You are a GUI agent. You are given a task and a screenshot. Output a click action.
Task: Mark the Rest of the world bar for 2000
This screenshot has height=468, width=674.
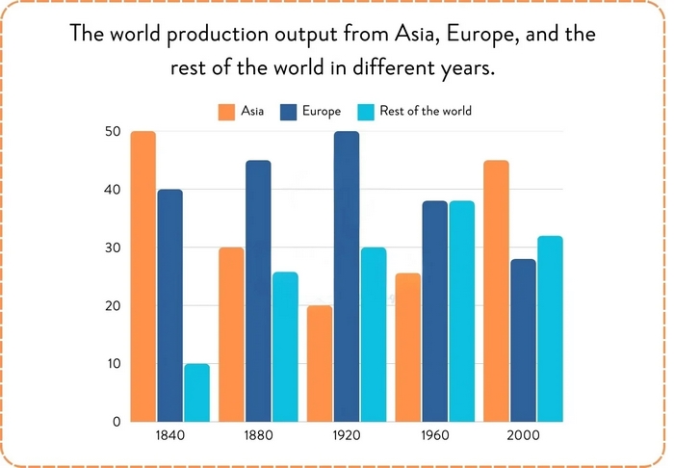550,328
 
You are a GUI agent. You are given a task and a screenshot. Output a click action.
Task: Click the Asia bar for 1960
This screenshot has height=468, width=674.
408,348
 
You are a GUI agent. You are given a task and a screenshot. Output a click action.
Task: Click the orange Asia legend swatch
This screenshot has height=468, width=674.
227,111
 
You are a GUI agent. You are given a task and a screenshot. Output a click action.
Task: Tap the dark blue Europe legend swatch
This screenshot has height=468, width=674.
289,111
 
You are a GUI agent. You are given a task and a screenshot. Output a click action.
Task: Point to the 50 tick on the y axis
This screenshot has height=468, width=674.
112,131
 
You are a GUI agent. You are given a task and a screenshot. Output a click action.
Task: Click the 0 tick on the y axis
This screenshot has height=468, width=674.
116,422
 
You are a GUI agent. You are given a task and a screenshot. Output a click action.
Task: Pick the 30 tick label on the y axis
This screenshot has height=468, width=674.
112,247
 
